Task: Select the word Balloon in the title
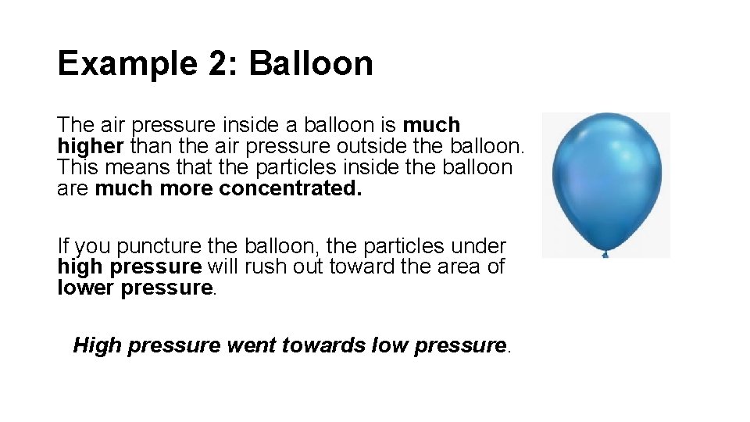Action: (x=311, y=64)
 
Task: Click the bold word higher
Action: (x=91, y=146)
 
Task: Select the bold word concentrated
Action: (x=291, y=188)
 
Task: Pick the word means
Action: (x=132, y=167)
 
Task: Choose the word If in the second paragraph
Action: (x=62, y=246)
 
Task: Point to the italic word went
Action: (x=252, y=345)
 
